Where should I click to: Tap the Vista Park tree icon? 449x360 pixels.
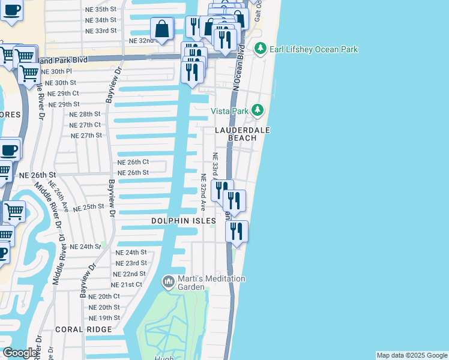pyautogui.click(x=258, y=110)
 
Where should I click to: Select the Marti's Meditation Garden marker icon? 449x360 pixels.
pyautogui.click(x=169, y=281)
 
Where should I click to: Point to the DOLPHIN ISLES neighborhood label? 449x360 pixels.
pyautogui.click(x=183, y=221)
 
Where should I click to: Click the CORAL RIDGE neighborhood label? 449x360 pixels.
pyautogui.click(x=83, y=329)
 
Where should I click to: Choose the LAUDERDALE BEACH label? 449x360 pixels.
pyautogui.click(x=243, y=134)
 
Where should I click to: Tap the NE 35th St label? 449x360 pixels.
pyautogui.click(x=101, y=10)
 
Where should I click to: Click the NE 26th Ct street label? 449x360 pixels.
pyautogui.click(x=133, y=162)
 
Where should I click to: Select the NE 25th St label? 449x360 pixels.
pyautogui.click(x=89, y=208)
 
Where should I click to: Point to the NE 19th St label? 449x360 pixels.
pyautogui.click(x=104, y=317)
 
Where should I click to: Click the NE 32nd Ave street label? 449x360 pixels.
pyautogui.click(x=203, y=193)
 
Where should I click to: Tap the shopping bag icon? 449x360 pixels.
pyautogui.click(x=162, y=28)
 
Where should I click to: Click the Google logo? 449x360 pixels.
pyautogui.click(x=20, y=353)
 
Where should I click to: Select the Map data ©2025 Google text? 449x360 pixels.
pyautogui.click(x=412, y=355)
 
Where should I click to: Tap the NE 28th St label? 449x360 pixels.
pyautogui.click(x=85, y=114)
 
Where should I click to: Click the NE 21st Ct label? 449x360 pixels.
pyautogui.click(x=127, y=284)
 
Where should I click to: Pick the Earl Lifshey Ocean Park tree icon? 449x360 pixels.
pyautogui.click(x=260, y=49)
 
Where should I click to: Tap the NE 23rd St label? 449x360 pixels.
pyautogui.click(x=131, y=263)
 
